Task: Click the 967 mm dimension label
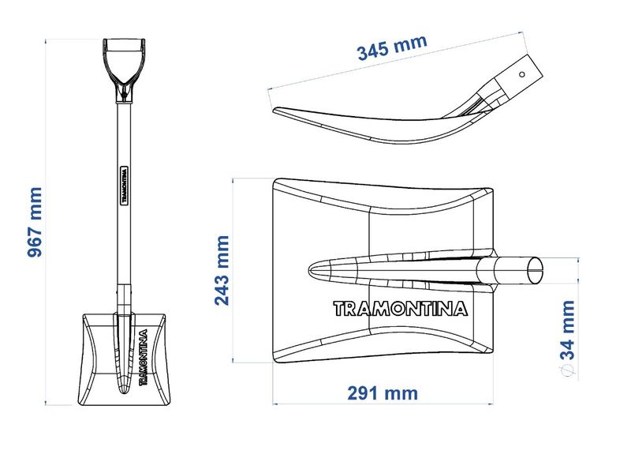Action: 35,222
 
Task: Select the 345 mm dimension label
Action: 392,47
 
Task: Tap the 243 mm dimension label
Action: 222,271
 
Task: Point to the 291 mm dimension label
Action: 383,393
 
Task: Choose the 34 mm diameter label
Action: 568,330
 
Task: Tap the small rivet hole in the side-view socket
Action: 522,74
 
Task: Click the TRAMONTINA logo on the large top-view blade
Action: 401,309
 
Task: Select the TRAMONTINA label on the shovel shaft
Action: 125,185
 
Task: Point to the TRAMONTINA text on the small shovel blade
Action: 144,357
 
